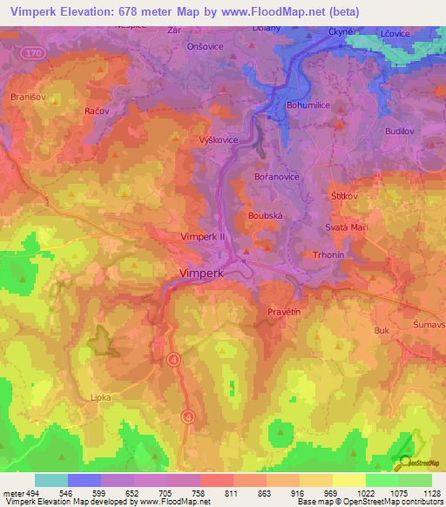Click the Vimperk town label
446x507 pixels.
[201, 273]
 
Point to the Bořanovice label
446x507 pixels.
[277, 176]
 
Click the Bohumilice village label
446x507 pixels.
[308, 105]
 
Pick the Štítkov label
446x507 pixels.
[344, 196]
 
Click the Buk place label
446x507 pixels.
[381, 331]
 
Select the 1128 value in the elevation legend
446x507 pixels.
[429, 494]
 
